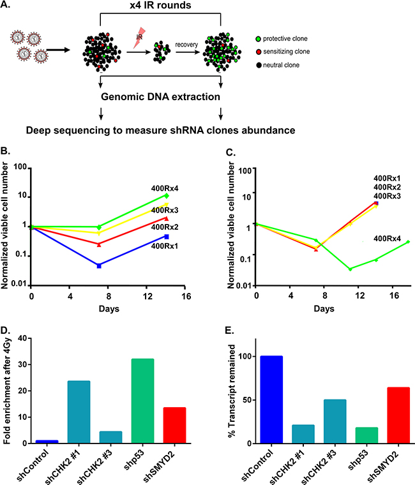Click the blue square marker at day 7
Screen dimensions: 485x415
pyautogui.click(x=99, y=265)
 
